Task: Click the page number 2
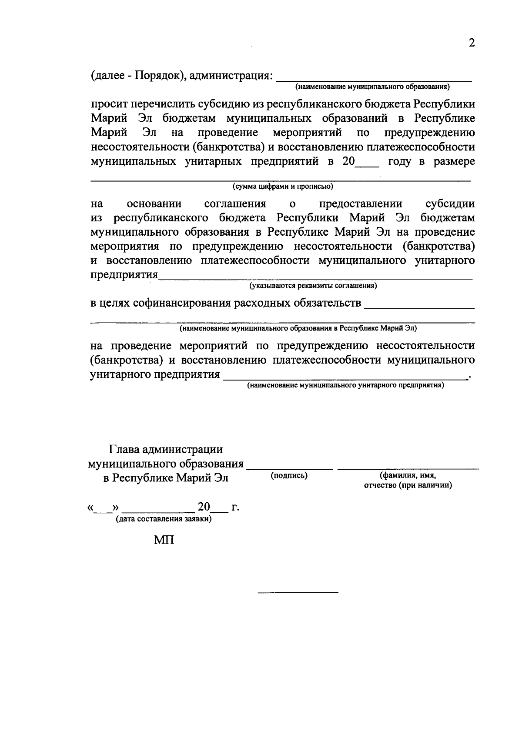471,43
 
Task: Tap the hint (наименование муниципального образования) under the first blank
373,87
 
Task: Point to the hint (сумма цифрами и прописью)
283,187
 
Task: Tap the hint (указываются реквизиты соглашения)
313,286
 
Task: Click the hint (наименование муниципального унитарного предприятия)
345,385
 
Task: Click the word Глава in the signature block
124,449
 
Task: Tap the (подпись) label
289,476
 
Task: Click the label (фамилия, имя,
408,476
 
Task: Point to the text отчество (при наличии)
408,485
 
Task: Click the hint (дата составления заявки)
164,519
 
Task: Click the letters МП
164,540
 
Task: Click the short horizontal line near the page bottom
298,592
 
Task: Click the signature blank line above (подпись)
289,469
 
